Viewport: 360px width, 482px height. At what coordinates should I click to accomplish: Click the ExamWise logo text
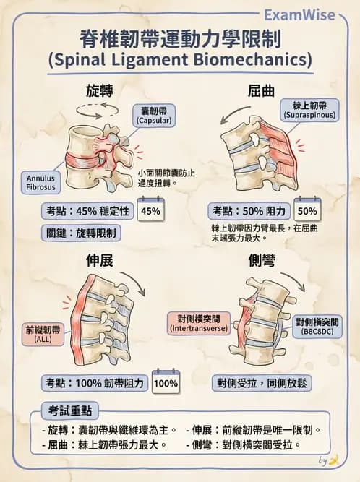(299, 14)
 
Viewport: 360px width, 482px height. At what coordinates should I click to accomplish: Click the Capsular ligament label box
(154, 116)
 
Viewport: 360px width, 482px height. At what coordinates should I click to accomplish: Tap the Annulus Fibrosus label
(40, 183)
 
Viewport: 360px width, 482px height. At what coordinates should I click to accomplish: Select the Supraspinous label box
(309, 111)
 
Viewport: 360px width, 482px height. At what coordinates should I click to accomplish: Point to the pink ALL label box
(43, 334)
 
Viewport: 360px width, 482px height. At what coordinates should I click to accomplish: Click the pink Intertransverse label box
(199, 324)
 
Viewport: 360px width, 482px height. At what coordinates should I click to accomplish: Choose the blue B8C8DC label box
(317, 327)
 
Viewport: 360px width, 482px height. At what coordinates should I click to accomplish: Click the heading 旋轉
(99, 91)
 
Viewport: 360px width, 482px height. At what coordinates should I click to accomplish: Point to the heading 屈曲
(261, 91)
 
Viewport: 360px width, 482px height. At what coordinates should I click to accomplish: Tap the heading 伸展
(99, 261)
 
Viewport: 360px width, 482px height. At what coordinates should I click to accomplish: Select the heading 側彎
(262, 261)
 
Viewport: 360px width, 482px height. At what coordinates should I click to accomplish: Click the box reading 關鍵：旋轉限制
(81, 233)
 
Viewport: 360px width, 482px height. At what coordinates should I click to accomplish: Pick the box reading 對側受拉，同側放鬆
(262, 383)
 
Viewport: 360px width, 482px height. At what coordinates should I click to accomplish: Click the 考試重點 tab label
(70, 410)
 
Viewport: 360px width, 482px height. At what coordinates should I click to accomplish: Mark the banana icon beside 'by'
(334, 460)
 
